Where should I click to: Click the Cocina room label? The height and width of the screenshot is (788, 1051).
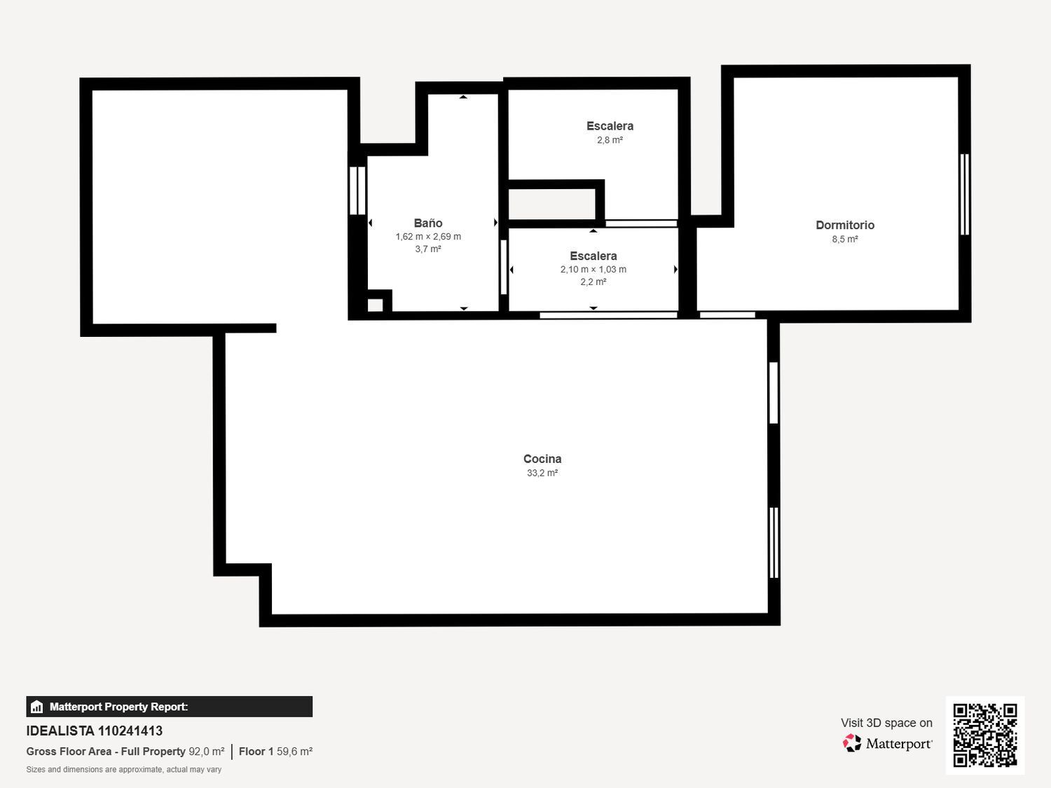click(x=542, y=459)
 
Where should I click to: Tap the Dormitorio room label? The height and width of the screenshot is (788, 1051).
click(x=844, y=225)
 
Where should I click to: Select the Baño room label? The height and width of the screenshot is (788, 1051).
click(x=427, y=223)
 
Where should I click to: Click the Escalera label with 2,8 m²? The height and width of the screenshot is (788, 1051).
click(x=610, y=126)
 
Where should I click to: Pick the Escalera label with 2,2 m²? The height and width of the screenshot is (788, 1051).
click(x=593, y=256)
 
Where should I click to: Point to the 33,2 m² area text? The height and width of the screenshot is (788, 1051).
click(x=542, y=474)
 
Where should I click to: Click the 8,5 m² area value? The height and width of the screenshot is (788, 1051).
click(x=844, y=240)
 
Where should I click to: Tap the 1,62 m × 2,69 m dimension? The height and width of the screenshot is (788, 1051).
click(x=428, y=237)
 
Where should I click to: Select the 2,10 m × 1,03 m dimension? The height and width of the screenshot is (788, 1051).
click(x=593, y=270)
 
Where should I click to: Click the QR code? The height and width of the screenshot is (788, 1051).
click(x=984, y=735)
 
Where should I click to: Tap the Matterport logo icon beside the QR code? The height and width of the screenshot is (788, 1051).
click(x=852, y=743)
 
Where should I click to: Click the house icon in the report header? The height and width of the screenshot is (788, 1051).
click(x=37, y=707)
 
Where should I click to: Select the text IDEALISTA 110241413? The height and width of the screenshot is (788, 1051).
click(x=95, y=731)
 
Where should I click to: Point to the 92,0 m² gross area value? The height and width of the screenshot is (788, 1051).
click(x=207, y=752)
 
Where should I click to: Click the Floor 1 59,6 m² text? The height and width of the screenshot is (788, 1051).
click(x=275, y=752)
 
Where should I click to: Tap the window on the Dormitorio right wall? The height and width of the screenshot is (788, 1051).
click(x=964, y=194)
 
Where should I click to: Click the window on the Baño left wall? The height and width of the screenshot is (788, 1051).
click(x=357, y=190)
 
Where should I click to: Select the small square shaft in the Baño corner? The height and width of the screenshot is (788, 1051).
click(x=376, y=305)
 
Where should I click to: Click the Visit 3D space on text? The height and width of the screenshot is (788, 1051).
click(x=886, y=723)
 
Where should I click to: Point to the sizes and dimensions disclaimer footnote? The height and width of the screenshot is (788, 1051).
click(x=124, y=770)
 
